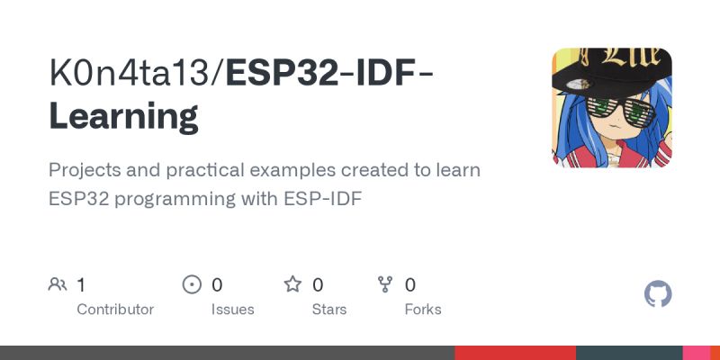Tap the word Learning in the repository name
click(x=123, y=117)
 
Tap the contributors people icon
click(x=58, y=285)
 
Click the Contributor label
click(x=115, y=309)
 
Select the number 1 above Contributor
click(x=81, y=285)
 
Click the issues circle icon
click(x=192, y=285)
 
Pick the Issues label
click(x=232, y=309)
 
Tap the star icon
click(x=292, y=285)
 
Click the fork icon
click(x=386, y=285)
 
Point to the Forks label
click(x=423, y=309)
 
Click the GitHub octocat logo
click(x=659, y=294)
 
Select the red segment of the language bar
click(x=515, y=353)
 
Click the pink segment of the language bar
click(x=697, y=353)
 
